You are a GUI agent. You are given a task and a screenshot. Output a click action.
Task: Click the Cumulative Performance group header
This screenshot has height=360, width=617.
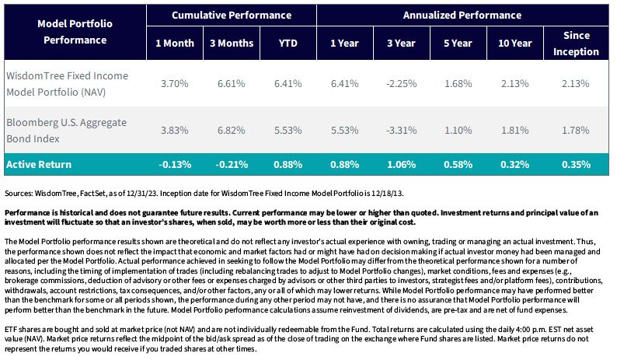[x=232, y=16]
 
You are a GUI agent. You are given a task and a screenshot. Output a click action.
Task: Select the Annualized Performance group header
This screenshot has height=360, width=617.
[x=462, y=16]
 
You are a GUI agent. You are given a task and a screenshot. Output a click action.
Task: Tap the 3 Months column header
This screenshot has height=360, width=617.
[x=232, y=44]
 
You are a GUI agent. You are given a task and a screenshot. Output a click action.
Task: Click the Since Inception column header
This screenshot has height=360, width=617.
[x=576, y=44]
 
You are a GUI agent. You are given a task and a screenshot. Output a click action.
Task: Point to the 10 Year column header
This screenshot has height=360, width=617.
[x=514, y=44]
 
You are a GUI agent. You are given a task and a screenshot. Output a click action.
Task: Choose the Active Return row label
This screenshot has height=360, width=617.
[x=39, y=164]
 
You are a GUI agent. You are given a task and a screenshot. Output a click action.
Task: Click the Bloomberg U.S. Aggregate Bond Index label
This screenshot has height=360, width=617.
[x=66, y=131]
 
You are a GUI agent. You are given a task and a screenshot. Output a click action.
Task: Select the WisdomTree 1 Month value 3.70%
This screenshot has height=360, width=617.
[x=174, y=83]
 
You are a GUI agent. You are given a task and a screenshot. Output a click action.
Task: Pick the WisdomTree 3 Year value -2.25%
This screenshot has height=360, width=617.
[x=401, y=83]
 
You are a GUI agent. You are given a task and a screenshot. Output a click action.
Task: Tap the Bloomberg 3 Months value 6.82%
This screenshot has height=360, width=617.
[x=232, y=130]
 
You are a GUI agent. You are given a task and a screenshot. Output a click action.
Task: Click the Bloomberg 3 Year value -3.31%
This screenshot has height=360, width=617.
[x=401, y=130]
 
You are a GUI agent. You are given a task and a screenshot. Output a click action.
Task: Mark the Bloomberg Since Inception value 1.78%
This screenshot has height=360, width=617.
[x=575, y=130]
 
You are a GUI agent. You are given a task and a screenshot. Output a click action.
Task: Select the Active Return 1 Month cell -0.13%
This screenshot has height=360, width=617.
[x=175, y=164]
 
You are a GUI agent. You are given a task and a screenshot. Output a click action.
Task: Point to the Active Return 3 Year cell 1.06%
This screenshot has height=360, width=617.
[x=402, y=164]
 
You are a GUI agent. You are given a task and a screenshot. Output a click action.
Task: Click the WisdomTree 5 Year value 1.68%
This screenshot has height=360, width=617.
[x=458, y=83]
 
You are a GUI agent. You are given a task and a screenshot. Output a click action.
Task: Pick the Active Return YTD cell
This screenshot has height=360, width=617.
[x=288, y=164]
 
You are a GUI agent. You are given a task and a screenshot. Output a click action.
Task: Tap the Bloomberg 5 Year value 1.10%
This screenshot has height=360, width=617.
[x=458, y=130]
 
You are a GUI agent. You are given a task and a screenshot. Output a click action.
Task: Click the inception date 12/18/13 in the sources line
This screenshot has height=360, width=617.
[x=389, y=194]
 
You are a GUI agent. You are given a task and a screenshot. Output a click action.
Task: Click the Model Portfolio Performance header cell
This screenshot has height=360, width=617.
[x=75, y=32]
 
